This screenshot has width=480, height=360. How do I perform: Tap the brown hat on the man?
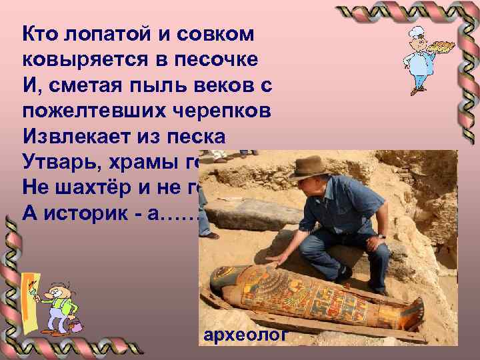tap(311, 167)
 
